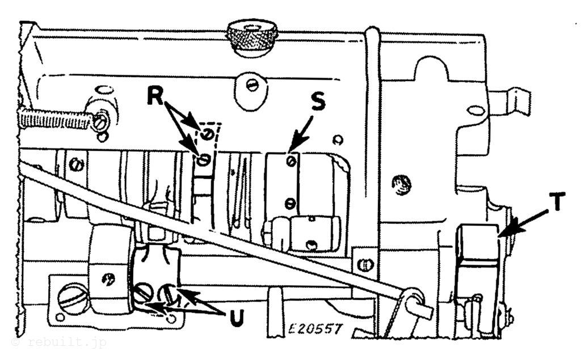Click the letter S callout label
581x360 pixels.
(318, 102)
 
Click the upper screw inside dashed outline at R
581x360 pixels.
(207, 134)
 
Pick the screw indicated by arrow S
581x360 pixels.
(290, 162)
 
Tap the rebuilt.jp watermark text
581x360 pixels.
(60, 343)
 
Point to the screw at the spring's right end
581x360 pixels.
(100, 121)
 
